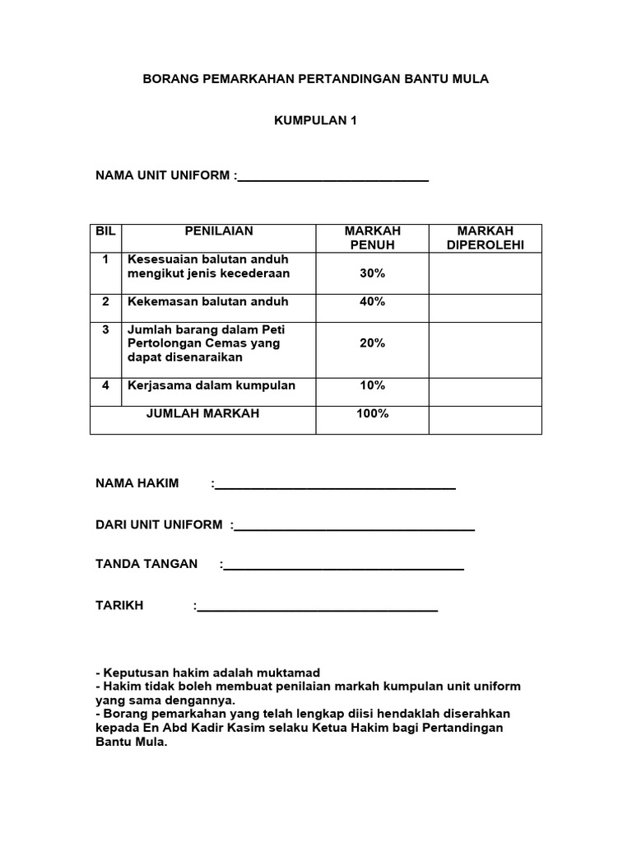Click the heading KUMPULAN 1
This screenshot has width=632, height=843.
point(316,120)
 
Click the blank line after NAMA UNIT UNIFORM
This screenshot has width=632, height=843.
point(332,177)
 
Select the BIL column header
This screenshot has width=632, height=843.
point(105,231)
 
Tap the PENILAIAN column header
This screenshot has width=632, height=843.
point(219,231)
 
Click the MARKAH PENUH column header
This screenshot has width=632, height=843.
point(373,238)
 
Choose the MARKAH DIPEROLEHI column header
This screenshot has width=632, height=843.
point(485,238)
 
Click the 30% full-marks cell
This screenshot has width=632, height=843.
point(373,273)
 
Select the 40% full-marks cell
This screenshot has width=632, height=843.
point(373,301)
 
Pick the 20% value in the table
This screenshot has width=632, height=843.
point(373,342)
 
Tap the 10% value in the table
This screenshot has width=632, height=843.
point(373,385)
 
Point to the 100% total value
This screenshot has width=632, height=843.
point(373,413)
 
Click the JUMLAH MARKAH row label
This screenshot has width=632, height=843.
point(202,413)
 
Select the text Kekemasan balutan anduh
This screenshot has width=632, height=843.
point(208,301)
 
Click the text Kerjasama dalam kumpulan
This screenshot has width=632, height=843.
point(211,385)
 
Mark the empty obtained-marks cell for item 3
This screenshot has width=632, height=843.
point(485,350)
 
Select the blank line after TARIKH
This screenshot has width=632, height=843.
point(318,608)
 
